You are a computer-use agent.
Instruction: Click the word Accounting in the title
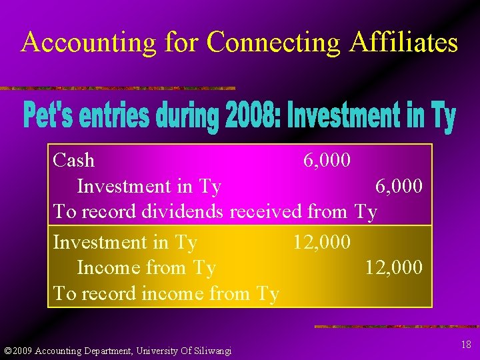88,43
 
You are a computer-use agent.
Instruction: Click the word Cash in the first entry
73,161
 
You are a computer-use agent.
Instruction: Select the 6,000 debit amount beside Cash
327,161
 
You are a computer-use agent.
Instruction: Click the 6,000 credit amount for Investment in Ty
399,186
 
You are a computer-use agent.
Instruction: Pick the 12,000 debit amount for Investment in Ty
322,242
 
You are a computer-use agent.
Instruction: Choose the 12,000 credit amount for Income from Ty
393,267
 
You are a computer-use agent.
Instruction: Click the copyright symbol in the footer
7,351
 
